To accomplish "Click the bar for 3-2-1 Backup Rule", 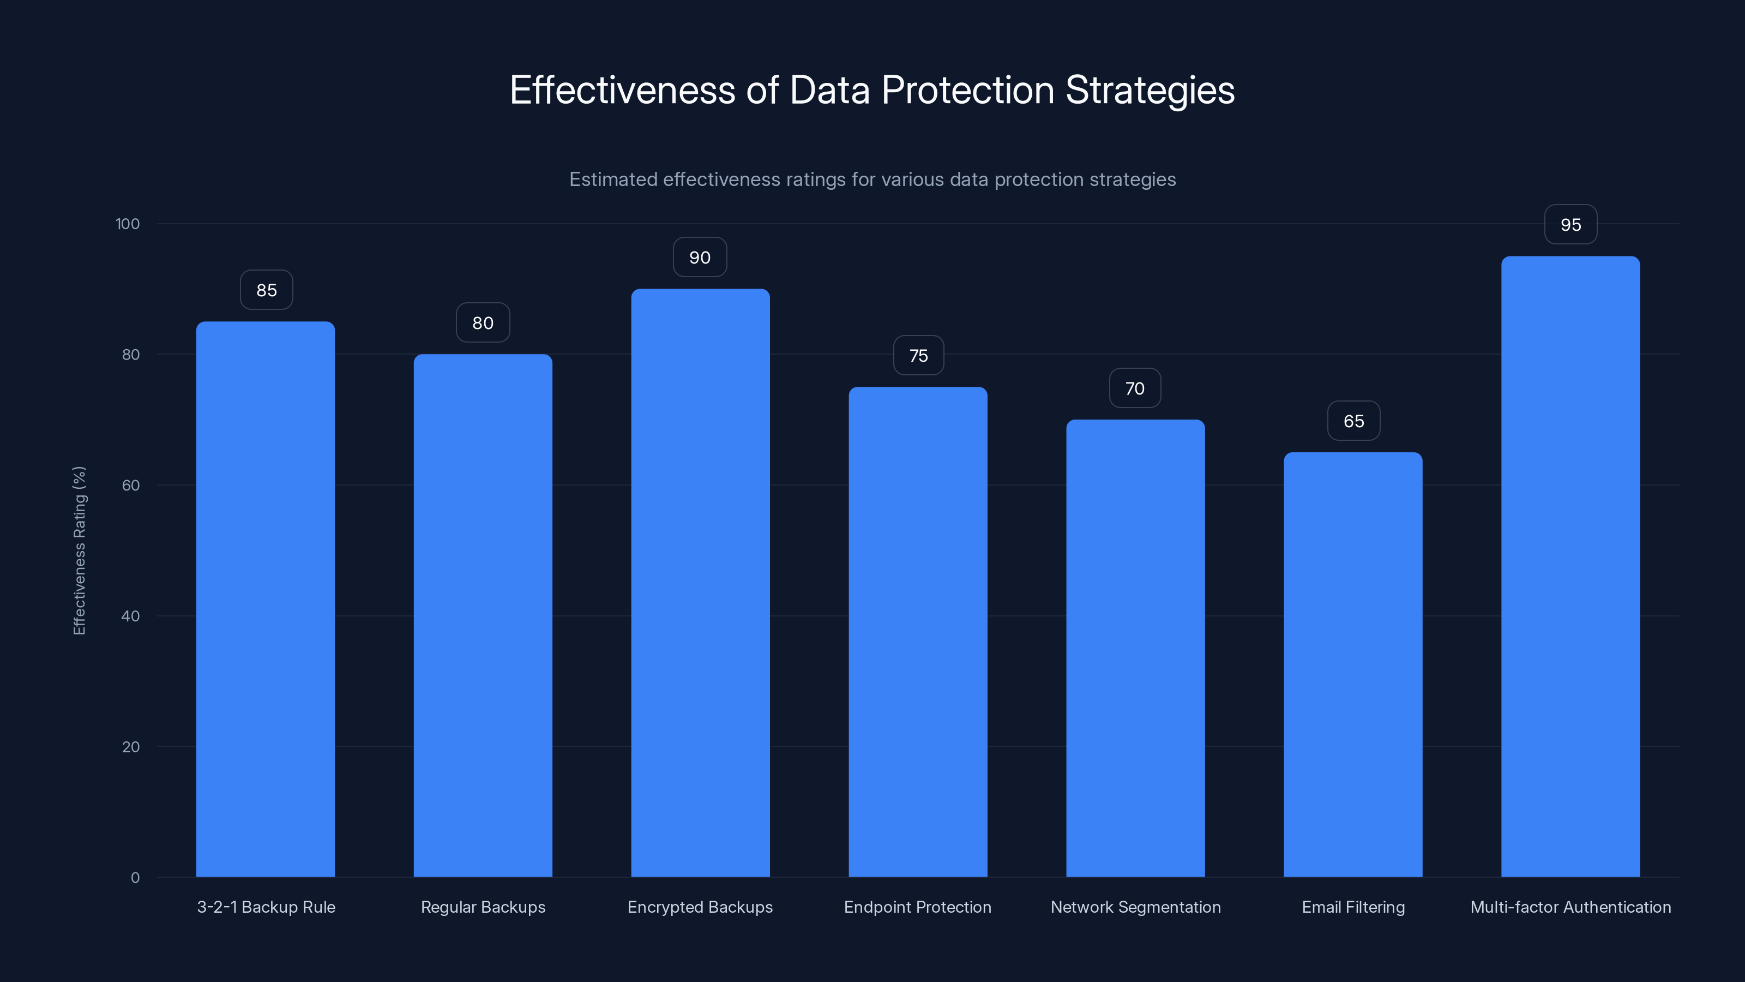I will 266,599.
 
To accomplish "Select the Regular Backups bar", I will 483,615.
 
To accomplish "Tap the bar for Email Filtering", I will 1353,664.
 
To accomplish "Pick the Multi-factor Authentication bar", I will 1570,567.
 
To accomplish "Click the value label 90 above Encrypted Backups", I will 700,258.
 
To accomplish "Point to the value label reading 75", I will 918,356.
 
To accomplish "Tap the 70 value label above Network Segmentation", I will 1135,388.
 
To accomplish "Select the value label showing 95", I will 1570,225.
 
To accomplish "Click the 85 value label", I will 266,290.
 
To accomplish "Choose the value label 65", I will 1353,421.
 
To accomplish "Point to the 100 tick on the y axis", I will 128,224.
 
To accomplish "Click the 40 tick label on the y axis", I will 131,616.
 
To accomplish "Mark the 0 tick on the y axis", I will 135,878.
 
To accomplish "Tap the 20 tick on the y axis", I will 131,747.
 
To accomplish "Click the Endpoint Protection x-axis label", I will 917,907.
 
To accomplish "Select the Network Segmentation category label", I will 1135,907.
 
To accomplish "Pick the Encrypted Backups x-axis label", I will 700,907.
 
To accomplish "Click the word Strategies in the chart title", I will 1150,90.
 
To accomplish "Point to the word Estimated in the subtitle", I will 613,179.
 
